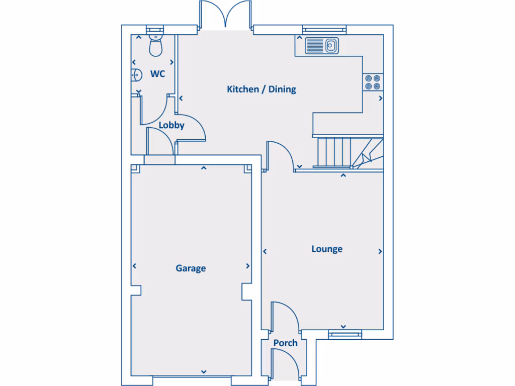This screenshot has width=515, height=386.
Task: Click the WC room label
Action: click(157, 74)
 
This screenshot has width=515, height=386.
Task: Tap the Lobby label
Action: click(171, 126)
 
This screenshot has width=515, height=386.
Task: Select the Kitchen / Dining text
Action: click(262, 89)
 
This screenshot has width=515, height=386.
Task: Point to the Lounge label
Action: click(327, 249)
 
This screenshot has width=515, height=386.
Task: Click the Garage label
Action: click(191, 268)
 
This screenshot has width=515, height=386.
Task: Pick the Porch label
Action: click(285, 343)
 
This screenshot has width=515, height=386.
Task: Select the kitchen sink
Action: click(322, 46)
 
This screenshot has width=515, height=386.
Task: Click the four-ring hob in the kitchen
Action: click(373, 82)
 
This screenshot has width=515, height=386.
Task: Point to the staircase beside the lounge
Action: click(347, 152)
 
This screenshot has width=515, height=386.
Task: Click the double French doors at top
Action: click(226, 15)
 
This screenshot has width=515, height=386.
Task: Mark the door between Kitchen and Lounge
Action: click(280, 156)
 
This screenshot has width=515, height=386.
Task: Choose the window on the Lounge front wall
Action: click(345, 333)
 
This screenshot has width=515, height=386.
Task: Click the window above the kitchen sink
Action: click(324, 29)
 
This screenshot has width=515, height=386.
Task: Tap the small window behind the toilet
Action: click(155, 29)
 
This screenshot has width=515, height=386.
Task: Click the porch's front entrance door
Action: click(284, 364)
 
